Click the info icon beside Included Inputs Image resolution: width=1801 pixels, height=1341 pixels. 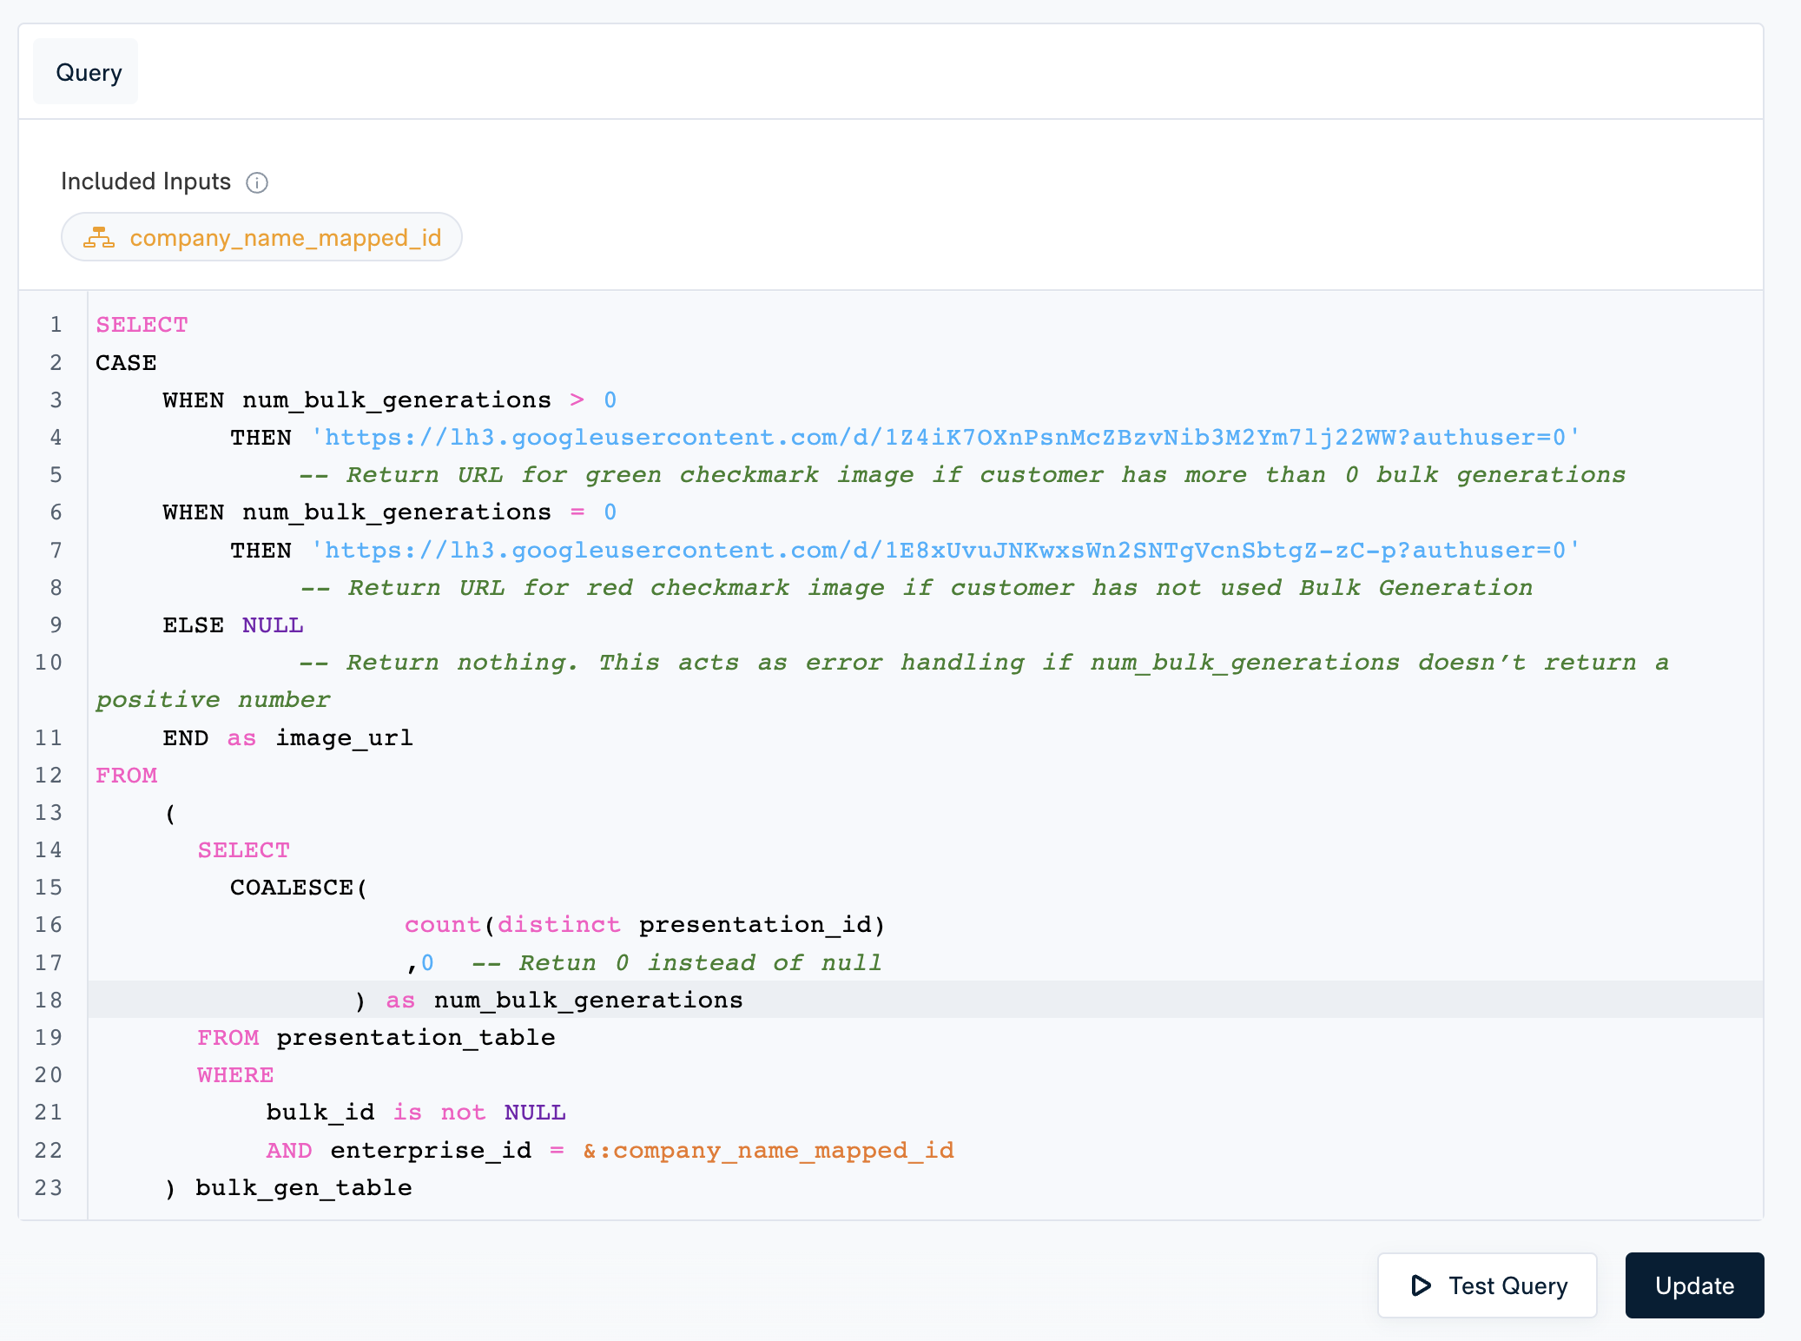click(x=257, y=182)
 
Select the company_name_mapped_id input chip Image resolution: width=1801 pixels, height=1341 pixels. click(x=261, y=237)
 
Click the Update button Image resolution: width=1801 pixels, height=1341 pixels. click(x=1694, y=1285)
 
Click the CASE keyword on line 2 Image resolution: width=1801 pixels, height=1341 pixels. click(x=126, y=363)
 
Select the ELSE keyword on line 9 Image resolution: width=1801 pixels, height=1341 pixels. click(x=194, y=625)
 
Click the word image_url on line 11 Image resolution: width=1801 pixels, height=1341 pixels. click(x=344, y=738)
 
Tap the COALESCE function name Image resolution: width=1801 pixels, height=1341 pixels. click(x=292, y=888)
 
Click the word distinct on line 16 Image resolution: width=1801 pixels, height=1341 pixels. click(x=559, y=925)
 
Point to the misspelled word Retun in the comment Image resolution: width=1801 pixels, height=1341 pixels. click(x=557, y=963)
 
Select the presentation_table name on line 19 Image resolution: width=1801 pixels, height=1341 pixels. click(x=416, y=1038)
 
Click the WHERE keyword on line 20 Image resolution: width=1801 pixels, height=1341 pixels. click(x=235, y=1075)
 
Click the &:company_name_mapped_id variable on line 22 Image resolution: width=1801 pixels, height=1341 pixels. click(x=769, y=1151)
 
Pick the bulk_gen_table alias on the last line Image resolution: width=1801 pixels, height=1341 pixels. click(x=304, y=1188)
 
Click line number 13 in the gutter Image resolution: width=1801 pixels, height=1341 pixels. click(x=49, y=813)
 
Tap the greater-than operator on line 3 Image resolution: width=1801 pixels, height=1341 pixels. click(x=577, y=400)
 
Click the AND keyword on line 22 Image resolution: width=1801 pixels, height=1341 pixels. click(x=289, y=1151)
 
